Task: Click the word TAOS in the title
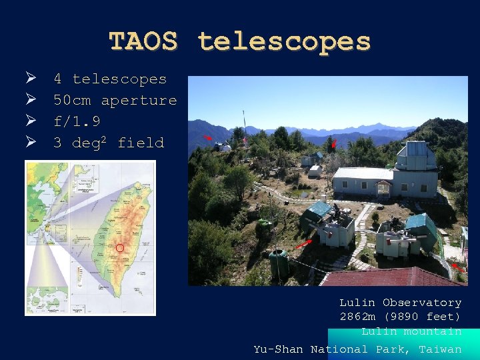pos(143,41)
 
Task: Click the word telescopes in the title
pos(284,41)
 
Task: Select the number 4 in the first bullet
pos(57,79)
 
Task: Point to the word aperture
pos(139,100)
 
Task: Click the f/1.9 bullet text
pos(77,121)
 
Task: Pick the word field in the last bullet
pos(141,143)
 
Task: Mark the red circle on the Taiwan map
pos(120,248)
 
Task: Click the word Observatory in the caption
pos(422,303)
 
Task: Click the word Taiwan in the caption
pos(440,349)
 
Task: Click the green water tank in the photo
pos(279,263)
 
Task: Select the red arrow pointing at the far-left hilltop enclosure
pos(208,137)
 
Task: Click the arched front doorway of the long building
pos(383,189)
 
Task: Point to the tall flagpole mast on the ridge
pos(244,127)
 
